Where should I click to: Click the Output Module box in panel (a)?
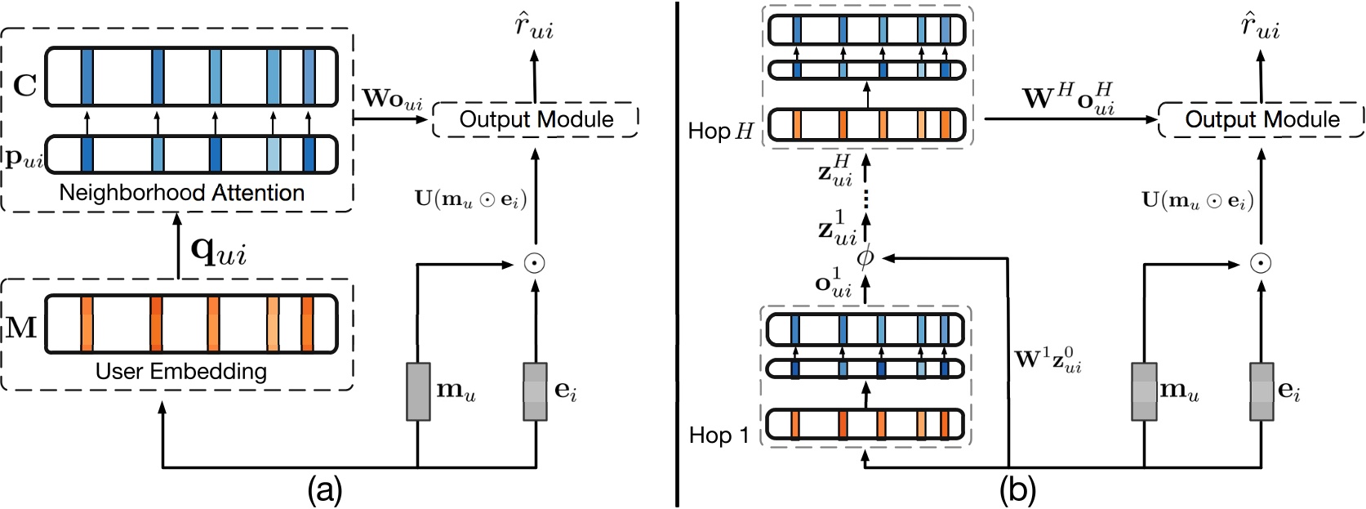click(536, 119)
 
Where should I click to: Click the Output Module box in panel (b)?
click(1261, 119)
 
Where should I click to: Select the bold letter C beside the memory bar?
click(24, 85)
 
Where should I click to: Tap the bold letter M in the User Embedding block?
click(22, 328)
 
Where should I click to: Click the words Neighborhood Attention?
click(181, 193)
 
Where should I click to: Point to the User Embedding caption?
click(180, 372)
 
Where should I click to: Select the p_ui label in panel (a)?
click(24, 159)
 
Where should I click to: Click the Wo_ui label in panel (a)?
click(393, 99)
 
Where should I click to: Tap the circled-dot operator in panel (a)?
click(535, 263)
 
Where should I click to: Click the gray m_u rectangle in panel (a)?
click(418, 391)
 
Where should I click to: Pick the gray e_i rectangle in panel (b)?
click(1261, 391)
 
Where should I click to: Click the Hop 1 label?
click(719, 435)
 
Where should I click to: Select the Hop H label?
click(719, 131)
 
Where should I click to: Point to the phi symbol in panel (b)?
click(865, 258)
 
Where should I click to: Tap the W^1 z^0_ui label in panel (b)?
click(1048, 359)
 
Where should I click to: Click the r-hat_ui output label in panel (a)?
click(534, 26)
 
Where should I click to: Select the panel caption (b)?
click(1017, 490)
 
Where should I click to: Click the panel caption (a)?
click(324, 490)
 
